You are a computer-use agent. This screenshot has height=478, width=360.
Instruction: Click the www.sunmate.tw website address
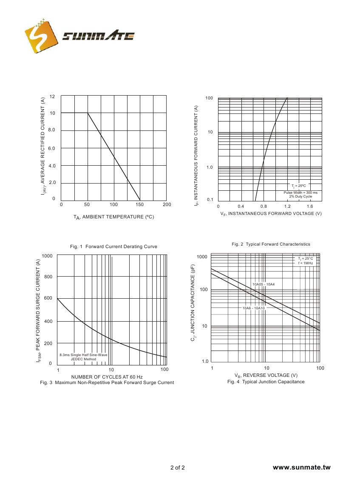[301, 467]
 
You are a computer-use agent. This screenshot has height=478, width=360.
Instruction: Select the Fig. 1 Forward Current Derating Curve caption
[113, 246]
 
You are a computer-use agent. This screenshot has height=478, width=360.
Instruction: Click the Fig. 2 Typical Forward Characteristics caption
[271, 244]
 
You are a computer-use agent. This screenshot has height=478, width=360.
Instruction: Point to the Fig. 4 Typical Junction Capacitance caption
[266, 382]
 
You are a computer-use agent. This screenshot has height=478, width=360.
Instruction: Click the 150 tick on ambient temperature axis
[140, 204]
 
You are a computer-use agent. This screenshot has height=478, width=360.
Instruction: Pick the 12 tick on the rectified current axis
[52, 97]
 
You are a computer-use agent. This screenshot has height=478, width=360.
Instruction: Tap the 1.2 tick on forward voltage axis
[287, 206]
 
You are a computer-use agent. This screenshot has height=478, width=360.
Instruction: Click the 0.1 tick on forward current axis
[210, 200]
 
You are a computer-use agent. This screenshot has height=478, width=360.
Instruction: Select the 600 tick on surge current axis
[48, 298]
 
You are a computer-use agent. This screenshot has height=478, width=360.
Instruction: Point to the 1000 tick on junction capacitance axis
[202, 257]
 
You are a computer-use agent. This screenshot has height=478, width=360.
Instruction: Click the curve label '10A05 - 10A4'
[264, 284]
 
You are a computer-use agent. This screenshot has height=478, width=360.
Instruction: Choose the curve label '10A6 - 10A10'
[254, 308]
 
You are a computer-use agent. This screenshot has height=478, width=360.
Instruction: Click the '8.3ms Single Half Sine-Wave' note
[83, 354]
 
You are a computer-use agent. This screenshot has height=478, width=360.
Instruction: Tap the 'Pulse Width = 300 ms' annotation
[300, 192]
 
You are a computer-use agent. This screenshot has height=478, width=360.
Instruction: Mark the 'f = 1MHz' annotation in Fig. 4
[306, 263]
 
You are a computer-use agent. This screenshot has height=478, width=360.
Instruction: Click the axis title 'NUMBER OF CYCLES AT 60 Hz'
[107, 377]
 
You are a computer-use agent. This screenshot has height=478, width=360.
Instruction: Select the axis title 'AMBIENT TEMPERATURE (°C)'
[113, 217]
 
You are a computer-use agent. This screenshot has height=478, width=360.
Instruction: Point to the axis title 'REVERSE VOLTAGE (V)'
[266, 375]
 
